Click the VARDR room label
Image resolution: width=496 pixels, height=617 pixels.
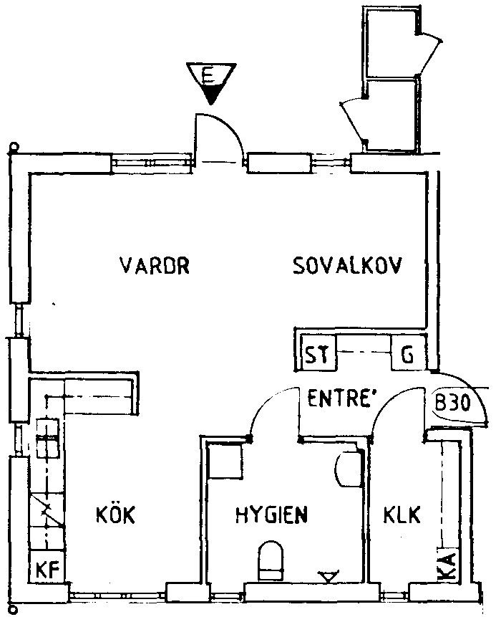click(x=154, y=267)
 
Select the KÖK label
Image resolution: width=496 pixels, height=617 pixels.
click(x=115, y=515)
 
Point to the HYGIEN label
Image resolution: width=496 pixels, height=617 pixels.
click(x=271, y=515)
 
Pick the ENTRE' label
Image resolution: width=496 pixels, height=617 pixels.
click(x=341, y=398)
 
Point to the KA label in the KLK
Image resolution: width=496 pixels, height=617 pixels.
click(x=445, y=566)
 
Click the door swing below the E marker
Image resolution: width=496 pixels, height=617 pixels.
click(x=223, y=133)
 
